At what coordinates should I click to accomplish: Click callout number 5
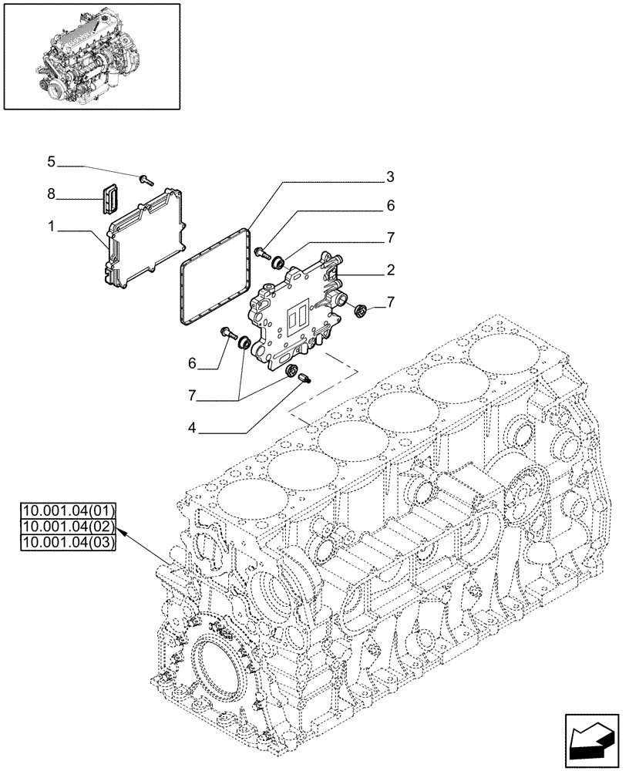51,162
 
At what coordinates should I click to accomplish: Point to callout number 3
391,177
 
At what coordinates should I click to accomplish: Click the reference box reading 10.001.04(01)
69,510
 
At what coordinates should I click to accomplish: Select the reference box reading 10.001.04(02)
69,527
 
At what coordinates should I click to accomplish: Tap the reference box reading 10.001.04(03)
69,544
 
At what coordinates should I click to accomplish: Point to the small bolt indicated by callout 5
146,180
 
